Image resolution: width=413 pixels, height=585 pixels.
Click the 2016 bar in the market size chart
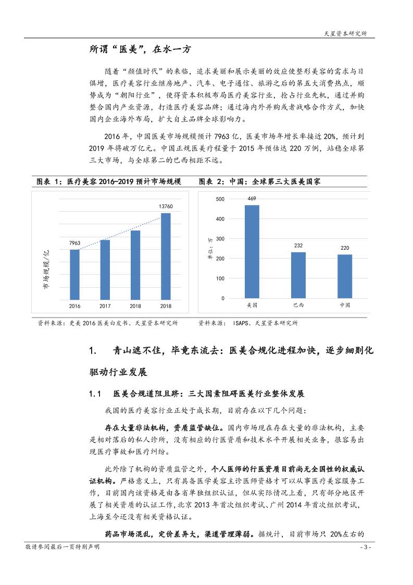(x=74, y=275)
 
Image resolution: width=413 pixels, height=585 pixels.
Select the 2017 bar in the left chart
(x=105, y=270)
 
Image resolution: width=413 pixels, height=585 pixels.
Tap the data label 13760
(x=166, y=207)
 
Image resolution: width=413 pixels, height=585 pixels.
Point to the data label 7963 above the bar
(x=74, y=243)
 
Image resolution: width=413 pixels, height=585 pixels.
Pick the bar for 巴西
(x=298, y=275)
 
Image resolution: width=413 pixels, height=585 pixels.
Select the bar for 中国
(x=345, y=276)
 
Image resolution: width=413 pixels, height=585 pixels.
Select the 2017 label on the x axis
(x=105, y=306)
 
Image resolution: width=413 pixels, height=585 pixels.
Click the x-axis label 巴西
(x=298, y=304)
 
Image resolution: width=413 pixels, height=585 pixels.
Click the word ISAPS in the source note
(x=242, y=323)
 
